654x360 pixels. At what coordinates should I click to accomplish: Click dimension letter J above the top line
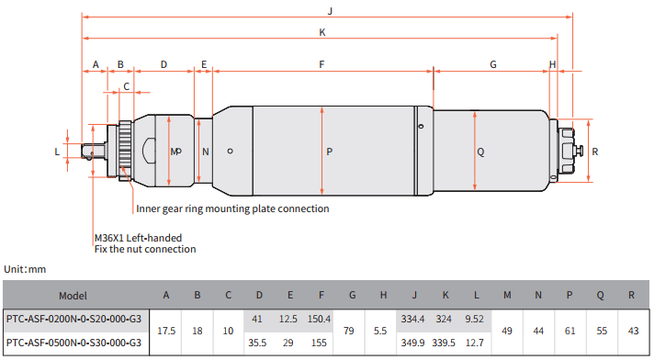click(x=330, y=11)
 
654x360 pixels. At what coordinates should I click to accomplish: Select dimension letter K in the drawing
click(x=322, y=32)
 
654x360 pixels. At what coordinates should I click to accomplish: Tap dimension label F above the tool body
click(x=321, y=64)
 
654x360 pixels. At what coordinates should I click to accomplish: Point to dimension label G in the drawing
click(x=493, y=64)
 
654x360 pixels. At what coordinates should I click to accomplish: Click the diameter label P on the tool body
click(x=330, y=152)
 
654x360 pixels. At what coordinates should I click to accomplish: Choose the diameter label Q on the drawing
click(x=480, y=152)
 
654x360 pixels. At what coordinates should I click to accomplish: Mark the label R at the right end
click(x=595, y=152)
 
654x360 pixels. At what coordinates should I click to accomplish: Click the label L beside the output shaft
click(x=57, y=152)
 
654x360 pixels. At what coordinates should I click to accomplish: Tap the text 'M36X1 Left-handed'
click(x=138, y=238)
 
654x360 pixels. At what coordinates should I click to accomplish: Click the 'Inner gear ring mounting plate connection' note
click(x=232, y=208)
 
